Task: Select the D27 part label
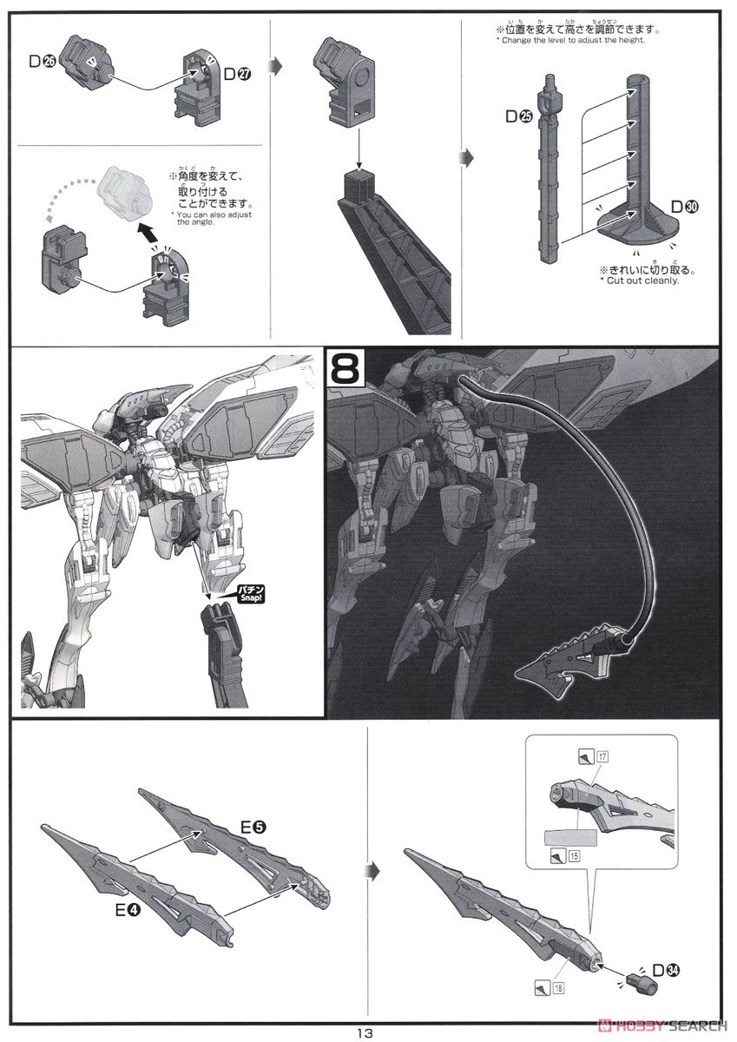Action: (x=237, y=75)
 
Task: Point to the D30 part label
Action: (x=685, y=207)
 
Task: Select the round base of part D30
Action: (x=643, y=228)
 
